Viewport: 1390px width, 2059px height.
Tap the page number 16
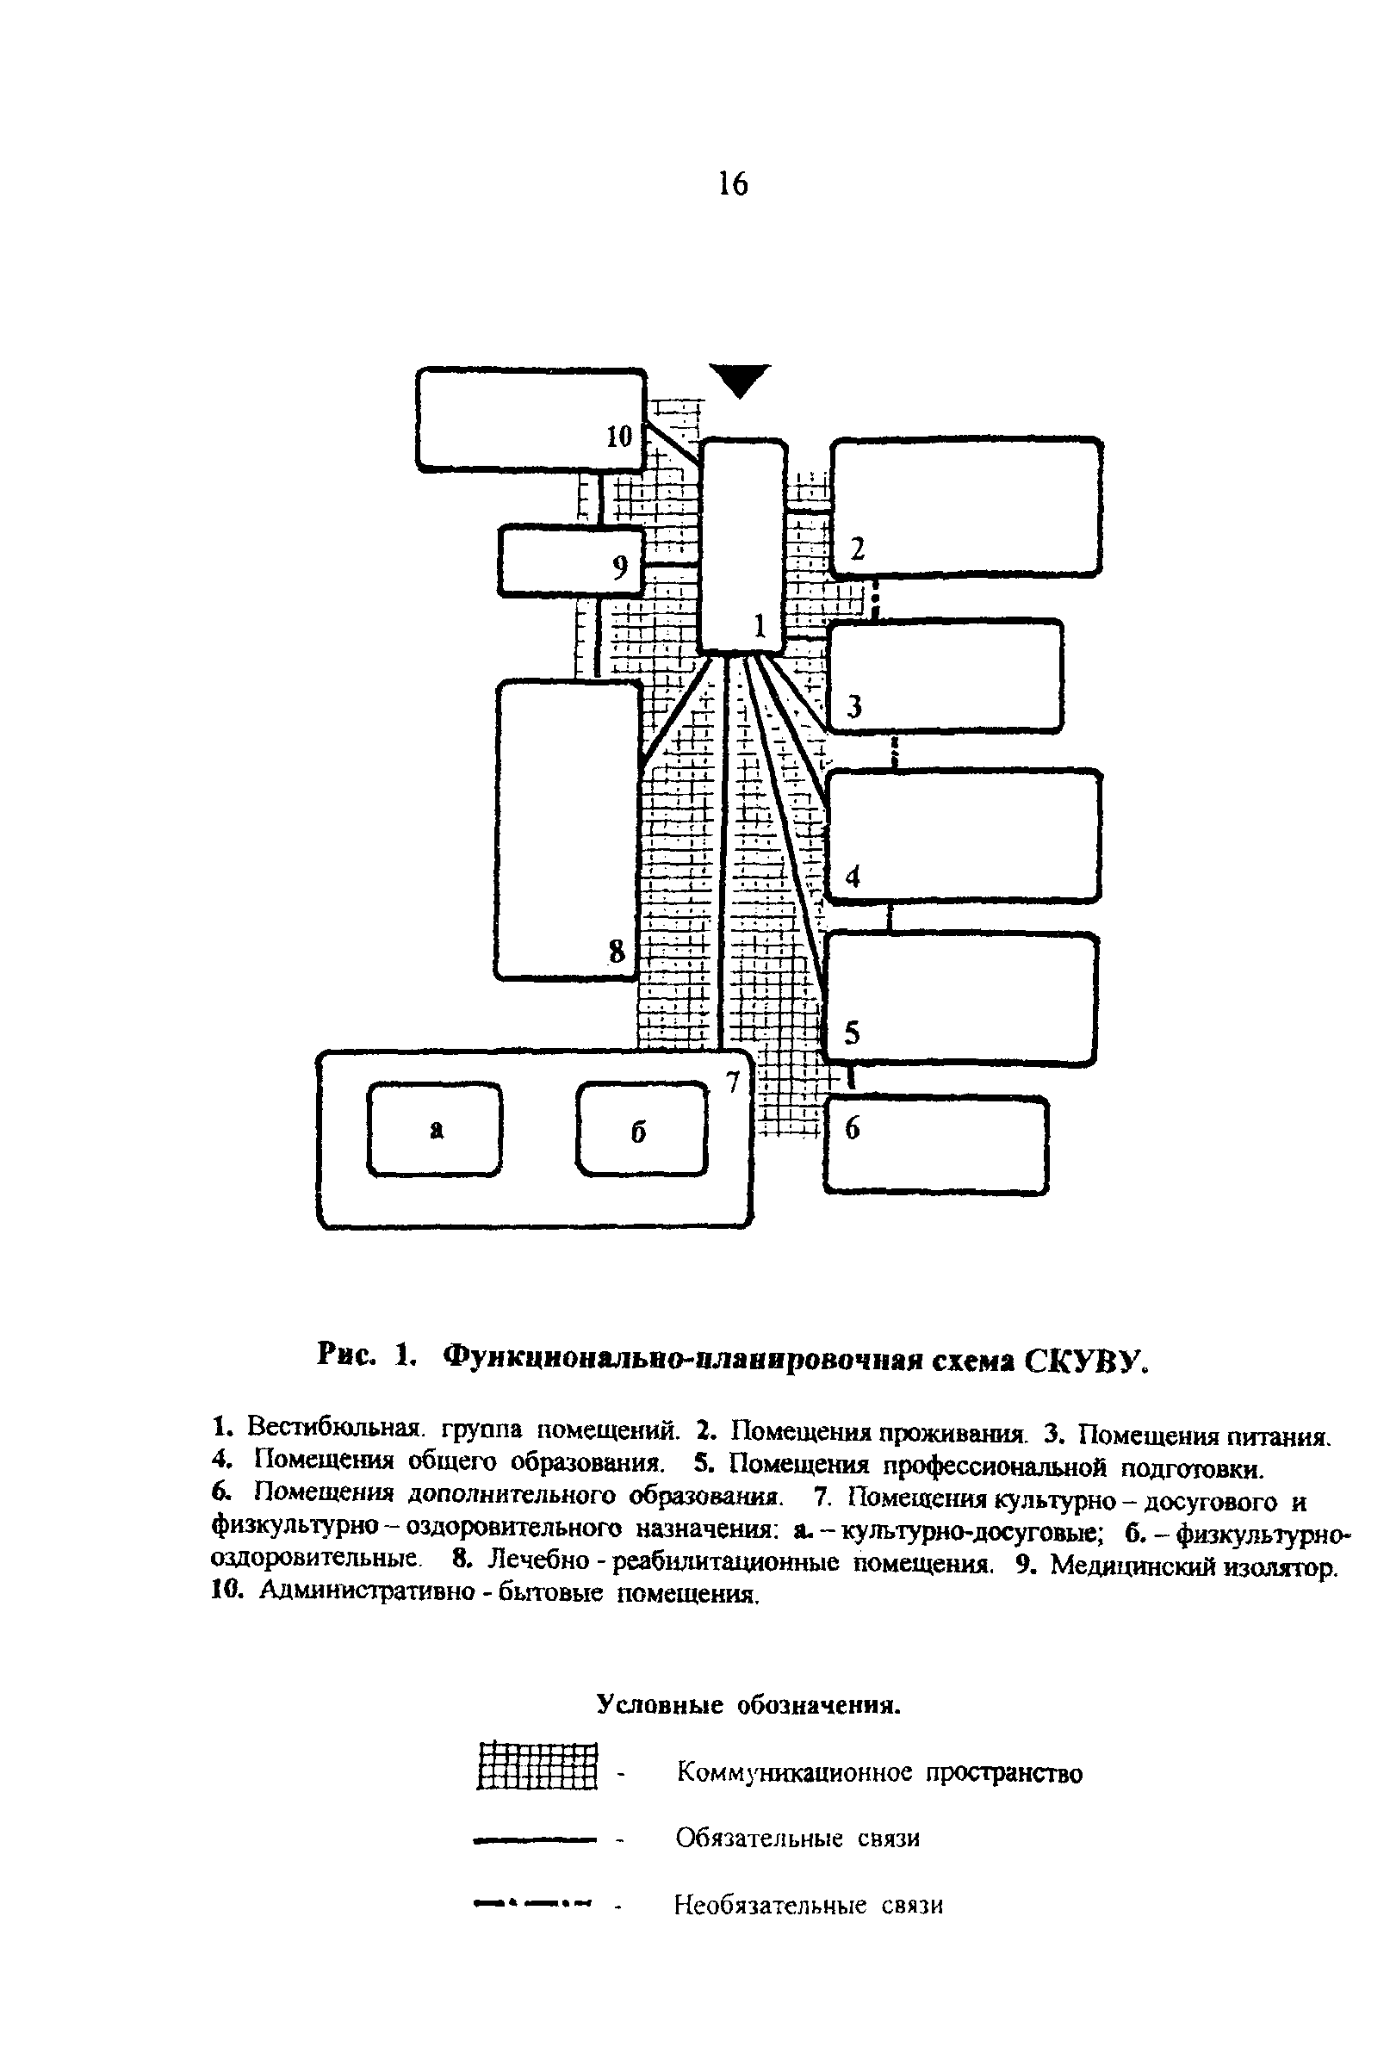tap(733, 184)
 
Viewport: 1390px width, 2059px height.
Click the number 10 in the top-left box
tap(619, 436)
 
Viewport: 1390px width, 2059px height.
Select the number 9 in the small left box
tap(620, 566)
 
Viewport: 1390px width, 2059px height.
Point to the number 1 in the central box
tap(760, 626)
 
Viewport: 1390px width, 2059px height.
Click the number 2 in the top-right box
tap(857, 550)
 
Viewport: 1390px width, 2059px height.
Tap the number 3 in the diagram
tap(854, 706)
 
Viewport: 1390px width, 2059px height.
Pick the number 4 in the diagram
tap(853, 877)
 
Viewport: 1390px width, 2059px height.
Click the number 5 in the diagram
tap(853, 1033)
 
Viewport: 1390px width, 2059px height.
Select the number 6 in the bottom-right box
tap(853, 1128)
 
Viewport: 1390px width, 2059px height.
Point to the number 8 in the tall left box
tap(616, 952)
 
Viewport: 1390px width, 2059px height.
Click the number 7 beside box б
tap(732, 1082)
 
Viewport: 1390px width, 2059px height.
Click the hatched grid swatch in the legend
tap(537, 1765)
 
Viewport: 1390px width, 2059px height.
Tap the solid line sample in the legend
tap(531, 1839)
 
